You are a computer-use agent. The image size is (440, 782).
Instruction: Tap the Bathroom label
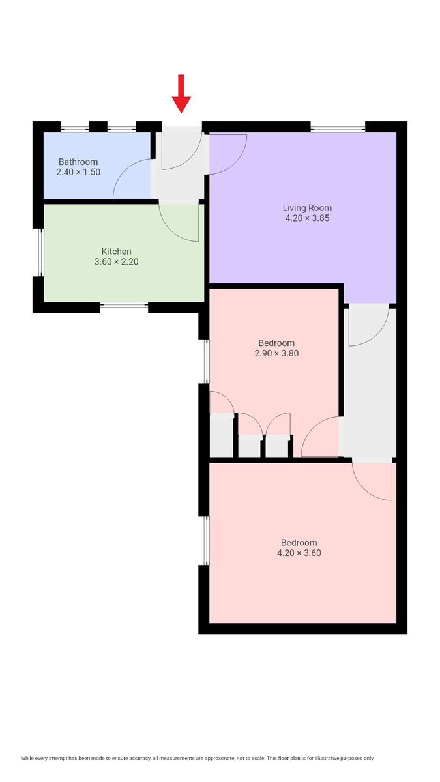78,162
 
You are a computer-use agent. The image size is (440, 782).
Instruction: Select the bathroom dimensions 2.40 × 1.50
78,173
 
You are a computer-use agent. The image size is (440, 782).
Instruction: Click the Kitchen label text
116,252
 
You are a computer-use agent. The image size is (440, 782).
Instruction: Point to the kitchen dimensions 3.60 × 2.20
116,262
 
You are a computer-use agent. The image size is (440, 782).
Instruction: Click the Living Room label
307,208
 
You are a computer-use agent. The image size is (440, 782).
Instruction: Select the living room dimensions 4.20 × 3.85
307,218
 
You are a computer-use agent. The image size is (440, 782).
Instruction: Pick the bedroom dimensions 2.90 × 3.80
276,353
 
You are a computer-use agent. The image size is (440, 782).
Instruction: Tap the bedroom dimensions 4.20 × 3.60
299,553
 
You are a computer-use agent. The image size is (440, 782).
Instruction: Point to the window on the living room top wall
337,128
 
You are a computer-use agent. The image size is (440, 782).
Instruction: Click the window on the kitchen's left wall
39,252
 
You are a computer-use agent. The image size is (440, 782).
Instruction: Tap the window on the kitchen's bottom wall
124,305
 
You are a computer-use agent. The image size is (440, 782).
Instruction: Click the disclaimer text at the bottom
198,758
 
